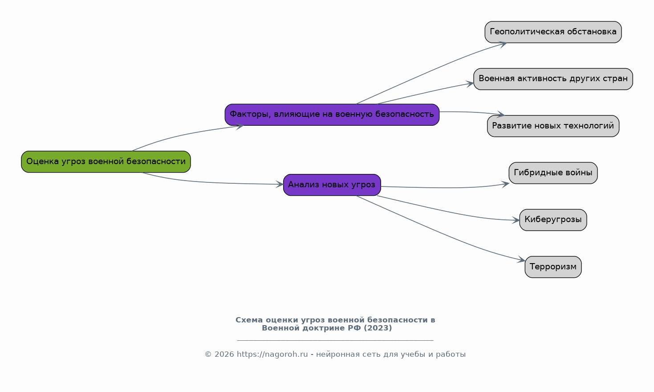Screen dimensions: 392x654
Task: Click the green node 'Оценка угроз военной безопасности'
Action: pos(106,161)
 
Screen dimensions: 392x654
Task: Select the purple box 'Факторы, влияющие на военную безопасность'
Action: pos(332,115)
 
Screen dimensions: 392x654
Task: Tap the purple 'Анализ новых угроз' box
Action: pos(332,185)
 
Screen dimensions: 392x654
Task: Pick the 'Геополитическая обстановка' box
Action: pos(553,32)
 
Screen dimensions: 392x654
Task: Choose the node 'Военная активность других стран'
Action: pos(553,79)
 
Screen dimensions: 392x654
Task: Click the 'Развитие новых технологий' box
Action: pos(553,126)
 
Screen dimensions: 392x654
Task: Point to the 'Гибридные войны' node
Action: pos(553,173)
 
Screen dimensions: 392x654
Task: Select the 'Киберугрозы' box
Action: pos(553,220)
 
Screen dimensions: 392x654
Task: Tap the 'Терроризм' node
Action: pos(553,267)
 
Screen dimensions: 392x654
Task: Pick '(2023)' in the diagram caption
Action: pos(378,328)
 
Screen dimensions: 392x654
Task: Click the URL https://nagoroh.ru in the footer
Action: pos(272,355)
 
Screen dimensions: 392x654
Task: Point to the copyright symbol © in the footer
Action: pos(208,355)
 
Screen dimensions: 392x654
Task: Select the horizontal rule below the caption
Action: pos(335,340)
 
